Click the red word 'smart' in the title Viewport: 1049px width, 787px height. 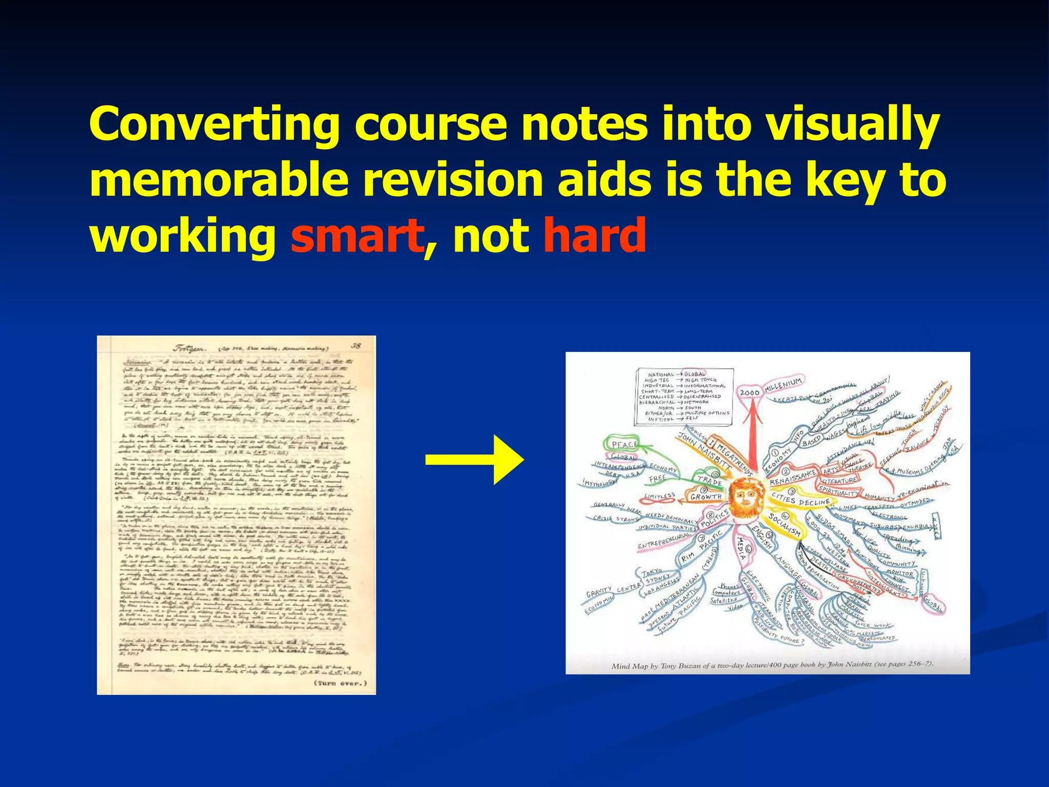357,236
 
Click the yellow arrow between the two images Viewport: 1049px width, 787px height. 474,460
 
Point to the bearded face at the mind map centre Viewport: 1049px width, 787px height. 747,497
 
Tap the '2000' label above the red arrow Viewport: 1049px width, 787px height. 749,392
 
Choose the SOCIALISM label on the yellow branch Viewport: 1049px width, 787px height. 784,524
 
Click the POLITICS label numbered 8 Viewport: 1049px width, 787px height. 715,518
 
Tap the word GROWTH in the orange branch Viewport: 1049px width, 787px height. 706,496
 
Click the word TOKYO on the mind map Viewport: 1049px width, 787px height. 652,571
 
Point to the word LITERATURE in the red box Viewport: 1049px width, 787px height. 840,481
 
